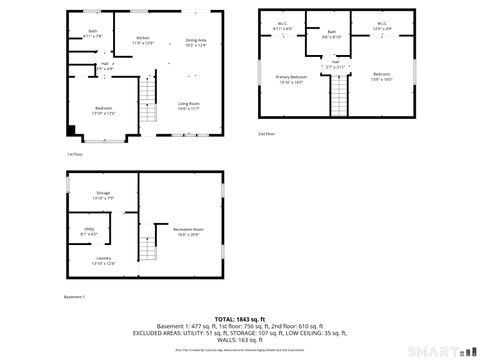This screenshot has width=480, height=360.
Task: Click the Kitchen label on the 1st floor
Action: pyautogui.click(x=143, y=39)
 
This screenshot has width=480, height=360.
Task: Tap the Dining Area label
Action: pyautogui.click(x=197, y=39)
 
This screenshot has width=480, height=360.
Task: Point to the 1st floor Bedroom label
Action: pyautogui.click(x=104, y=109)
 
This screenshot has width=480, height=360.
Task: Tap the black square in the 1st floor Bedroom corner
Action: pyautogui.click(x=70, y=128)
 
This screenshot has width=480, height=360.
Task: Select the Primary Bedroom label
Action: pyautogui.click(x=292, y=77)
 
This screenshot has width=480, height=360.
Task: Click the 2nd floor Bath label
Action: pyautogui.click(x=332, y=33)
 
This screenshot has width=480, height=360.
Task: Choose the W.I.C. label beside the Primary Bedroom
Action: pyautogui.click(x=283, y=25)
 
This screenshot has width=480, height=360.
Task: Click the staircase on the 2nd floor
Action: pyautogui.click(x=338, y=97)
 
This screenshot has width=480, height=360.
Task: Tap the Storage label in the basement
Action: pyautogui.click(x=103, y=194)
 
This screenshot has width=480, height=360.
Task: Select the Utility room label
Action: pyautogui.click(x=89, y=231)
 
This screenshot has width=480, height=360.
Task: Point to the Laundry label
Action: pyautogui.click(x=104, y=261)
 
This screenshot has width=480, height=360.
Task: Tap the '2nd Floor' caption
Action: pyautogui.click(x=266, y=133)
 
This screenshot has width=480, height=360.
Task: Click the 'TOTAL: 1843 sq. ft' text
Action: pyautogui.click(x=241, y=317)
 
